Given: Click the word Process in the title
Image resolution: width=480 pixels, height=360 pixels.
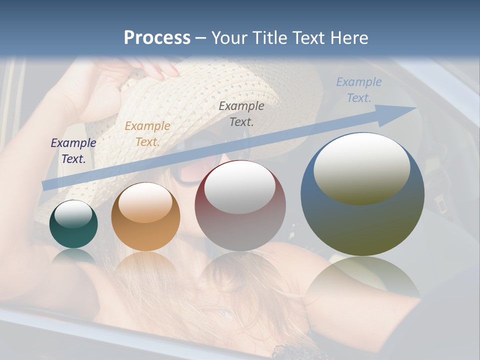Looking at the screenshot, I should point(157,37).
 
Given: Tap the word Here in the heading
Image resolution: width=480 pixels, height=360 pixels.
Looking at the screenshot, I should point(350,37).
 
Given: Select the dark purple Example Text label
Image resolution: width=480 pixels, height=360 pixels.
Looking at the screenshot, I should point(73,150).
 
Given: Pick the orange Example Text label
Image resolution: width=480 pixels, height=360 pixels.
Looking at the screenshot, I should point(147,133).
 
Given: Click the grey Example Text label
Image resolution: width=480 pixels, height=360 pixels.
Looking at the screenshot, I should point(241,113).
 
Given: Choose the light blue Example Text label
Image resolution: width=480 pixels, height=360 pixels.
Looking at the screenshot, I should point(358,89).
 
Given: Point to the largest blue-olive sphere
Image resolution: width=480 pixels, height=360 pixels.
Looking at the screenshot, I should point(362,220).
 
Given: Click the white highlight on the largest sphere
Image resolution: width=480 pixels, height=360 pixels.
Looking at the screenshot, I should point(361,167).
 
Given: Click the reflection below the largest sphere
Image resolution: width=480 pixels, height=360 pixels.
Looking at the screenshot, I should point(362,280).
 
